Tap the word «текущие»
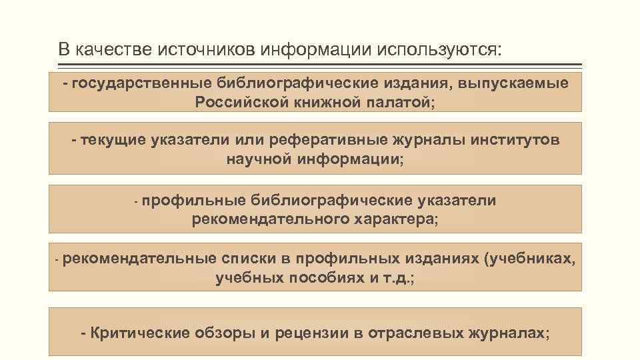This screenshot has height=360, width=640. click(x=113, y=141)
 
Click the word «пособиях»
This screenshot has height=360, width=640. click(x=326, y=278)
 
